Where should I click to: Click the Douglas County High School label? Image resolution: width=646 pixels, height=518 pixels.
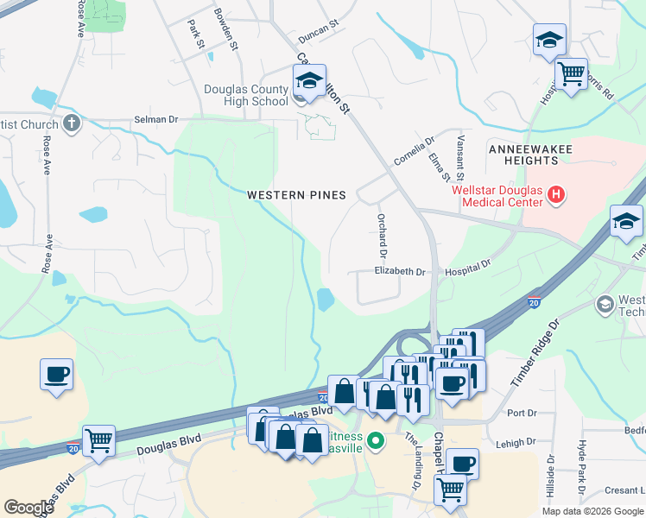pos(245,95)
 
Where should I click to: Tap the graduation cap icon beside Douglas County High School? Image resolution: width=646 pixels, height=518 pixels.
pos(308,81)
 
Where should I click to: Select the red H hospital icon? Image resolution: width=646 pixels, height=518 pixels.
pos(556,196)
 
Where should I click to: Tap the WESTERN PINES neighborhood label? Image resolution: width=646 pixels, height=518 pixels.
pos(296,195)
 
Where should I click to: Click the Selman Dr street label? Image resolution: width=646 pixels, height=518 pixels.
pos(155,120)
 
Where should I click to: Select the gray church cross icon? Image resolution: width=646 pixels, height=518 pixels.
pos(72,123)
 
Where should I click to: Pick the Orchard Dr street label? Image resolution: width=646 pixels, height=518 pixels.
pos(380,235)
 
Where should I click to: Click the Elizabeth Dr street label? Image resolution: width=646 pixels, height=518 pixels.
pos(400,271)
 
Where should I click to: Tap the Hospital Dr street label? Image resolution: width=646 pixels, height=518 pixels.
pos(467,271)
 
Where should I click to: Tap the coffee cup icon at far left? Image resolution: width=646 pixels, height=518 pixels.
pos(56,375)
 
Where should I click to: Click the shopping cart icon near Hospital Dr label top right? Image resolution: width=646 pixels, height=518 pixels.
pos(571,75)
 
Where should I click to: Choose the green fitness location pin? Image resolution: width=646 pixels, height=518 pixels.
pos(375,441)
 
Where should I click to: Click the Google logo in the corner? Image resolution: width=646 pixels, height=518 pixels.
pos(28,508)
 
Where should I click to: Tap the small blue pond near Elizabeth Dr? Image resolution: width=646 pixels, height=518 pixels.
pos(326,300)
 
